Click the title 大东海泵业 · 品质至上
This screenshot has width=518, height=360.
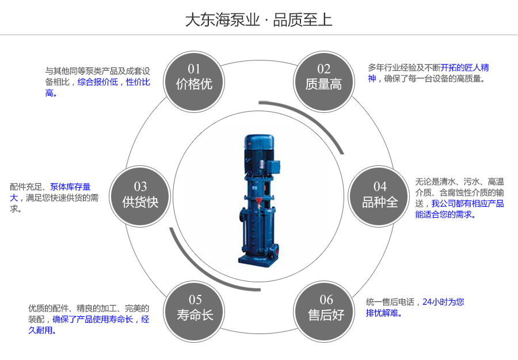tap(258, 20)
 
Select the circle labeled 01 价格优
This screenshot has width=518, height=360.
tap(194, 78)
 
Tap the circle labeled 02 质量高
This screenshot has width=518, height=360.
tap(323, 78)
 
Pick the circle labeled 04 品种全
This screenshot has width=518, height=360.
tap(380, 195)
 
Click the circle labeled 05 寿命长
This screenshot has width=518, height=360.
tap(195, 308)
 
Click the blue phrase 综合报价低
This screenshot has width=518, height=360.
tap(98, 82)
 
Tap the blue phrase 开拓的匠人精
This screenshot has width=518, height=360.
tap(464, 67)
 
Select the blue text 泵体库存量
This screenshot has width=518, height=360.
tap(70, 187)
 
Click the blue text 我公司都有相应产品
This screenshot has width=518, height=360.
tap(467, 203)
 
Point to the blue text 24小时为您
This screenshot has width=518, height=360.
tap(443, 301)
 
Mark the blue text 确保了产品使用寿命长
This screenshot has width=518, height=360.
tap(93, 319)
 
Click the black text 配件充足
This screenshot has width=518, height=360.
tap(27, 187)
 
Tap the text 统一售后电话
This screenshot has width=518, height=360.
tap(390, 301)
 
